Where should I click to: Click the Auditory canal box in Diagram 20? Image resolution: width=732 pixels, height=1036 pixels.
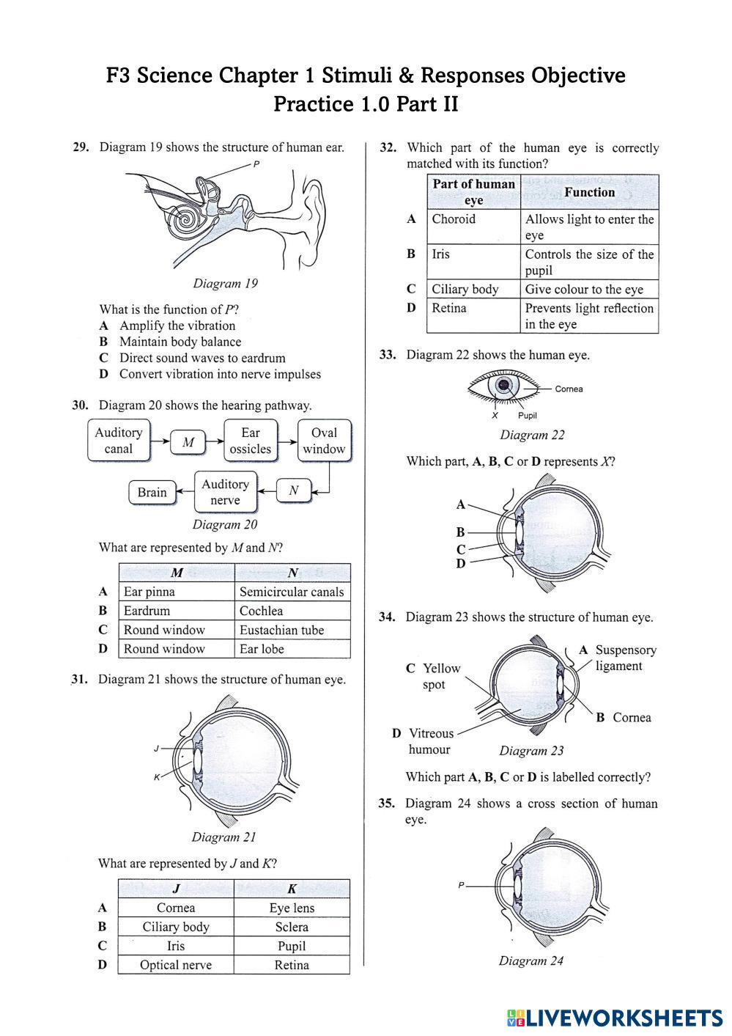[118, 441]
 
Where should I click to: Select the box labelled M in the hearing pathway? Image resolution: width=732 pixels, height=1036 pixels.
[188, 442]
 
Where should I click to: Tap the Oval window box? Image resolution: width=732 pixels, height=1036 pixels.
[324, 441]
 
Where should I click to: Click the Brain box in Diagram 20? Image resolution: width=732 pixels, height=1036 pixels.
[152, 492]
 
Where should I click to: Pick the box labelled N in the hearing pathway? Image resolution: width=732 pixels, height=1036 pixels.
[293, 491]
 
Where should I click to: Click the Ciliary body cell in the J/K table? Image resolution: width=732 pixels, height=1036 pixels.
[176, 927]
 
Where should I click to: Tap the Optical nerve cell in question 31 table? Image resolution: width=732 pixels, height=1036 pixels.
[176, 965]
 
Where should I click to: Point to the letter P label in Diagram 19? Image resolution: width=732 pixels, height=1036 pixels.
[256, 165]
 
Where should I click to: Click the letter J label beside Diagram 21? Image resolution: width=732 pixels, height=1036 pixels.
[156, 749]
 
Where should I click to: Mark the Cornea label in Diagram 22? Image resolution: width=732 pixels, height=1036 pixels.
[569, 389]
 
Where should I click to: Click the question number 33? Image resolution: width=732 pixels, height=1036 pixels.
[388, 355]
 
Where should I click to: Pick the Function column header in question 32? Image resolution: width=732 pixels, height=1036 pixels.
[589, 192]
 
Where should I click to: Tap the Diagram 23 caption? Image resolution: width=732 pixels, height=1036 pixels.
[531, 751]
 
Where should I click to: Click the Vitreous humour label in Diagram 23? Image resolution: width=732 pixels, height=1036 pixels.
[431, 741]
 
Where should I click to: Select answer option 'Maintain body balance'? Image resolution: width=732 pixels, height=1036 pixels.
[180, 342]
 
